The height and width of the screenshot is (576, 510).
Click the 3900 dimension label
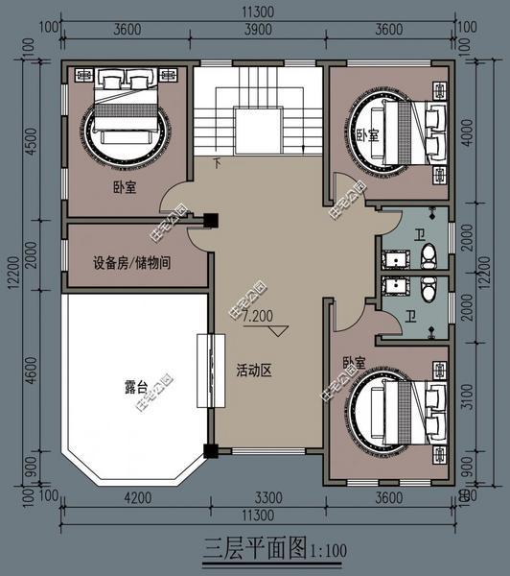click(x=255, y=30)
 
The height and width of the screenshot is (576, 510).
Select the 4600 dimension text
click(x=31, y=369)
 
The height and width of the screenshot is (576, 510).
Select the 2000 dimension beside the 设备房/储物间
click(x=31, y=255)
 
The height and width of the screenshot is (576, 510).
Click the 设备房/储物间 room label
click(x=132, y=262)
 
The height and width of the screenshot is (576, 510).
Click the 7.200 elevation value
click(x=258, y=315)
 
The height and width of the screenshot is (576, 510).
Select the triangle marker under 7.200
click(x=278, y=329)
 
